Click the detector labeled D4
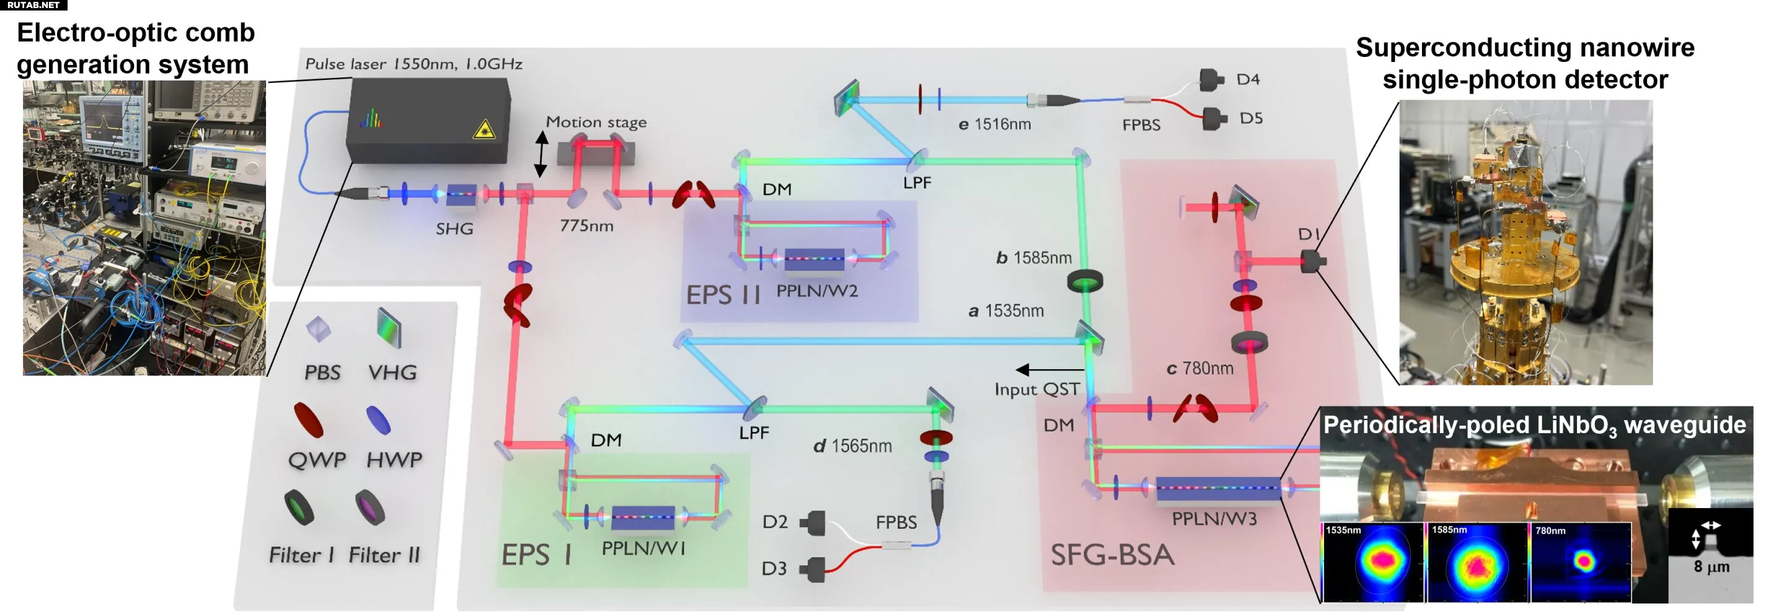1211,80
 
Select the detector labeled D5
1214,118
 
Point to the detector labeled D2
815,522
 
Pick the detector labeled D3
815,569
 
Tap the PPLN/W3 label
1214,519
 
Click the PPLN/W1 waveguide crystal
642,517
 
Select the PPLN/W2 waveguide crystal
814,259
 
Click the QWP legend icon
308,419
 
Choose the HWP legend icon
378,419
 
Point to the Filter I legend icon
300,507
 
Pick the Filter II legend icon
370,507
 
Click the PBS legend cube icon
318,328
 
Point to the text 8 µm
1711,567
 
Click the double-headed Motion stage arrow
541,154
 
